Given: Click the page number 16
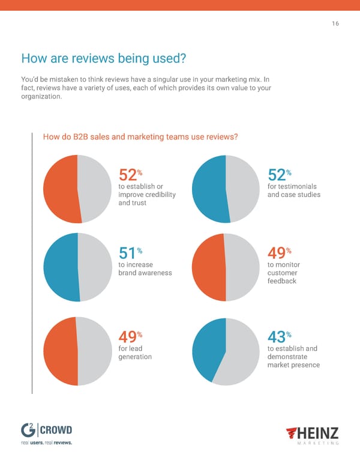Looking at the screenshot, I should tap(335, 25).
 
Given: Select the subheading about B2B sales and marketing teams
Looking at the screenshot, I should tap(141, 137).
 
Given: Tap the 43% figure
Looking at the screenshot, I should tap(278, 339).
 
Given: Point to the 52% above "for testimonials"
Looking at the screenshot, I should tap(278, 175).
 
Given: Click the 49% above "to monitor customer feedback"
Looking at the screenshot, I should tap(278, 255).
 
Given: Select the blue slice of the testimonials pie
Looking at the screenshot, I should tap(208, 189).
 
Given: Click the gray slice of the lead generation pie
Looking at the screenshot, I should tap(95, 351).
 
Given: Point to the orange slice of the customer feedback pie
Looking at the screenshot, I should tap(208, 267).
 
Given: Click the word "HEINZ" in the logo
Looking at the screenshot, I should tap(316, 432).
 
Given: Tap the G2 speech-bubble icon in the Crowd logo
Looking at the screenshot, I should tap(28, 431).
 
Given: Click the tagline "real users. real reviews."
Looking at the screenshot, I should tap(46, 444).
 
